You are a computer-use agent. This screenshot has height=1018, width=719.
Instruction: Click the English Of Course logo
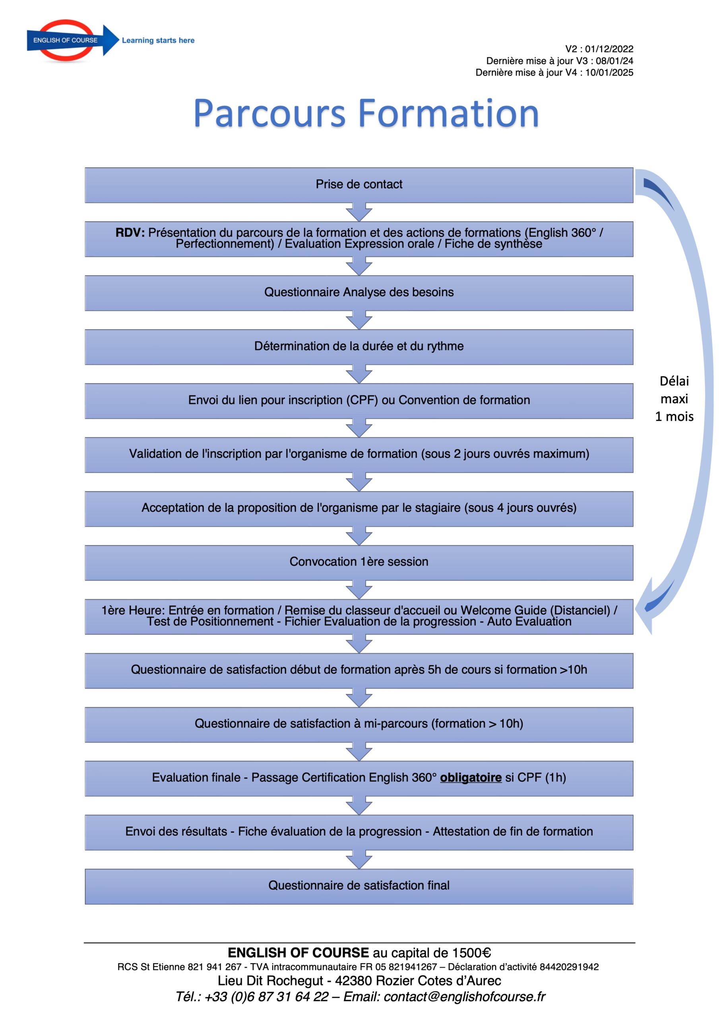[x=66, y=40]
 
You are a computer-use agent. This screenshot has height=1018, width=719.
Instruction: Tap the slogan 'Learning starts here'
[x=158, y=40]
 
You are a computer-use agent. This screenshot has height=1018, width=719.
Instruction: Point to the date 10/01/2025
[x=609, y=72]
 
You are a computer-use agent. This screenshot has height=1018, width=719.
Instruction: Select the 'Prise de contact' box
[x=359, y=185]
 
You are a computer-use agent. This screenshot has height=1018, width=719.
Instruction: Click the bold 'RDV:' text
[x=130, y=232]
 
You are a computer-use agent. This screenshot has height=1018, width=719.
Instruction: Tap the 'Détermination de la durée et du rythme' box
[x=359, y=346]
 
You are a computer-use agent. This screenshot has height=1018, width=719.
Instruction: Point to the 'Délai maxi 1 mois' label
[x=674, y=398]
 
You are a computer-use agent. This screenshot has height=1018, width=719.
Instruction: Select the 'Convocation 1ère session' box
[x=359, y=562]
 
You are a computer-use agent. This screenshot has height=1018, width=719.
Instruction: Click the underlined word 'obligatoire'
[x=470, y=777]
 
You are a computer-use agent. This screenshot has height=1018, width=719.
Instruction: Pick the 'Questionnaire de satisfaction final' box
[x=359, y=886]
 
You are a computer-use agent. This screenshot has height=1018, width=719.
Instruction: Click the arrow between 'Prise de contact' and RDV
[x=359, y=212]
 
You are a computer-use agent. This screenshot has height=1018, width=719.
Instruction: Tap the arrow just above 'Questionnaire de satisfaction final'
[x=359, y=859]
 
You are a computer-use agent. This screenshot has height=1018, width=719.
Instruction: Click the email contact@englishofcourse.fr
[x=464, y=997]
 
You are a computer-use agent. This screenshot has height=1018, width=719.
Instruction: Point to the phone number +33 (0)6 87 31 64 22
[x=266, y=997]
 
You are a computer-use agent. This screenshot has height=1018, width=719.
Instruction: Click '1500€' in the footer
[x=471, y=953]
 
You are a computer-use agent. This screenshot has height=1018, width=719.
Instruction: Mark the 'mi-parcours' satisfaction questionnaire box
[x=359, y=724]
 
